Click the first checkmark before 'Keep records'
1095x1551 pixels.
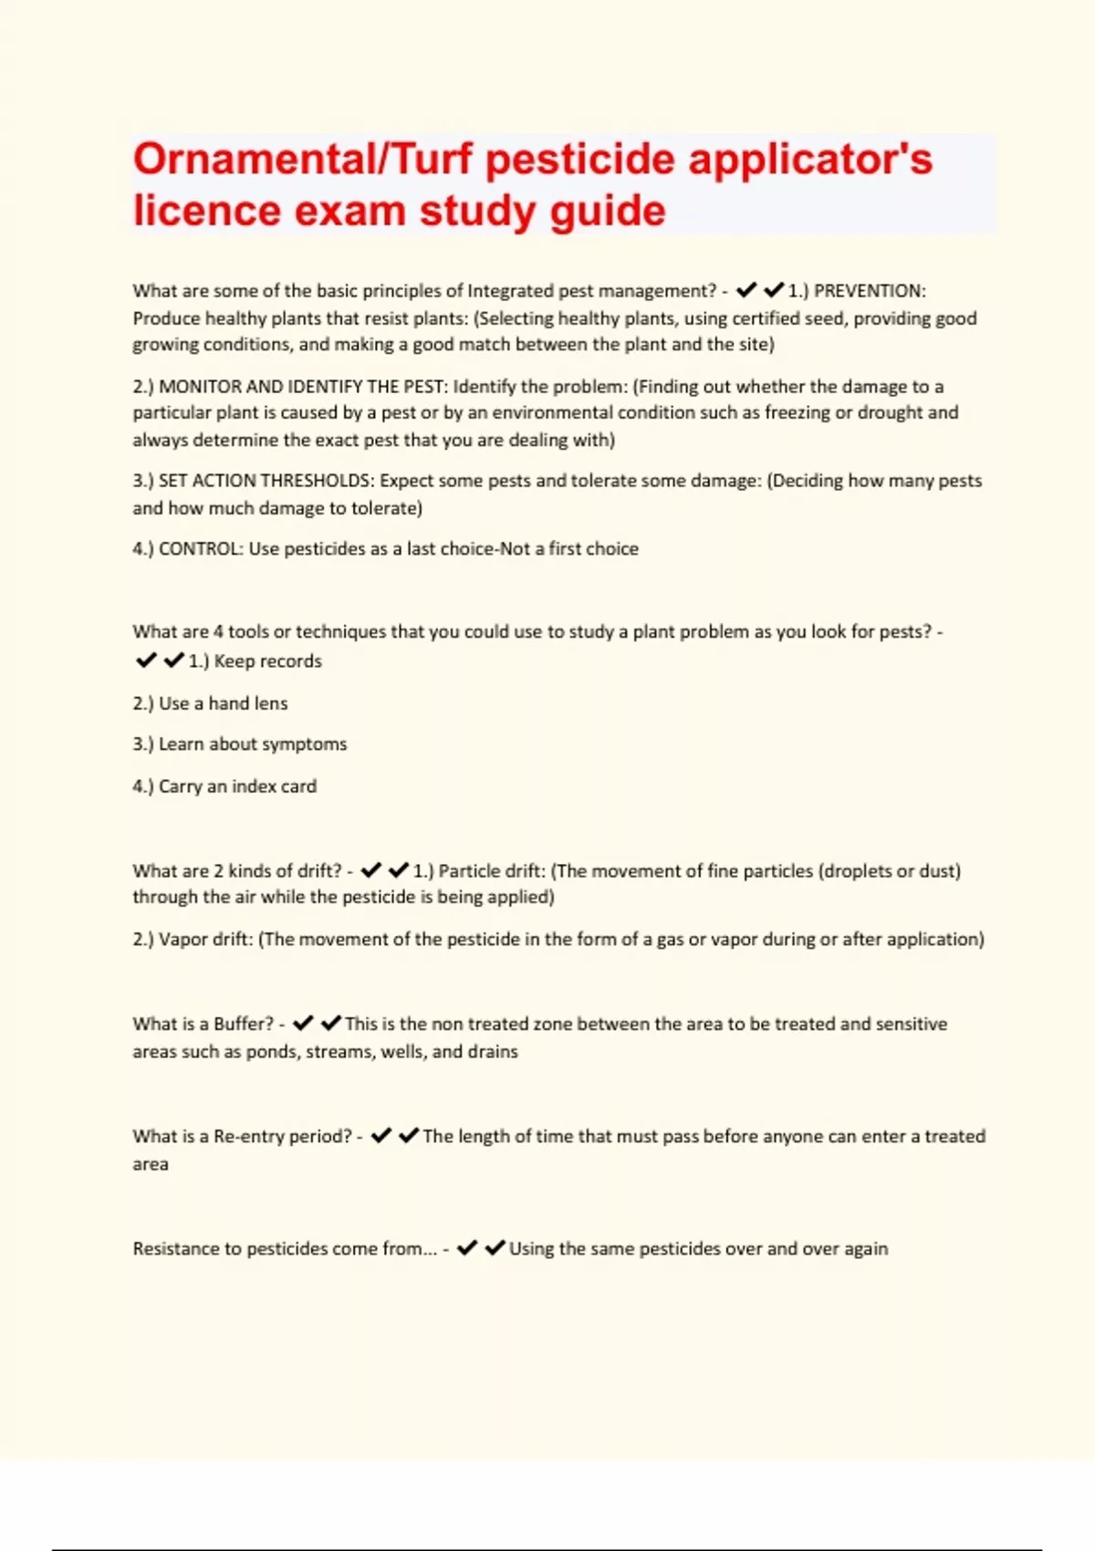(x=146, y=661)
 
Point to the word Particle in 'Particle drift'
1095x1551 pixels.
(x=469, y=871)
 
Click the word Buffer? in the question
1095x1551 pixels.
(x=244, y=1025)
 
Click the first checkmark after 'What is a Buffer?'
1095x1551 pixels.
(x=303, y=1024)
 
